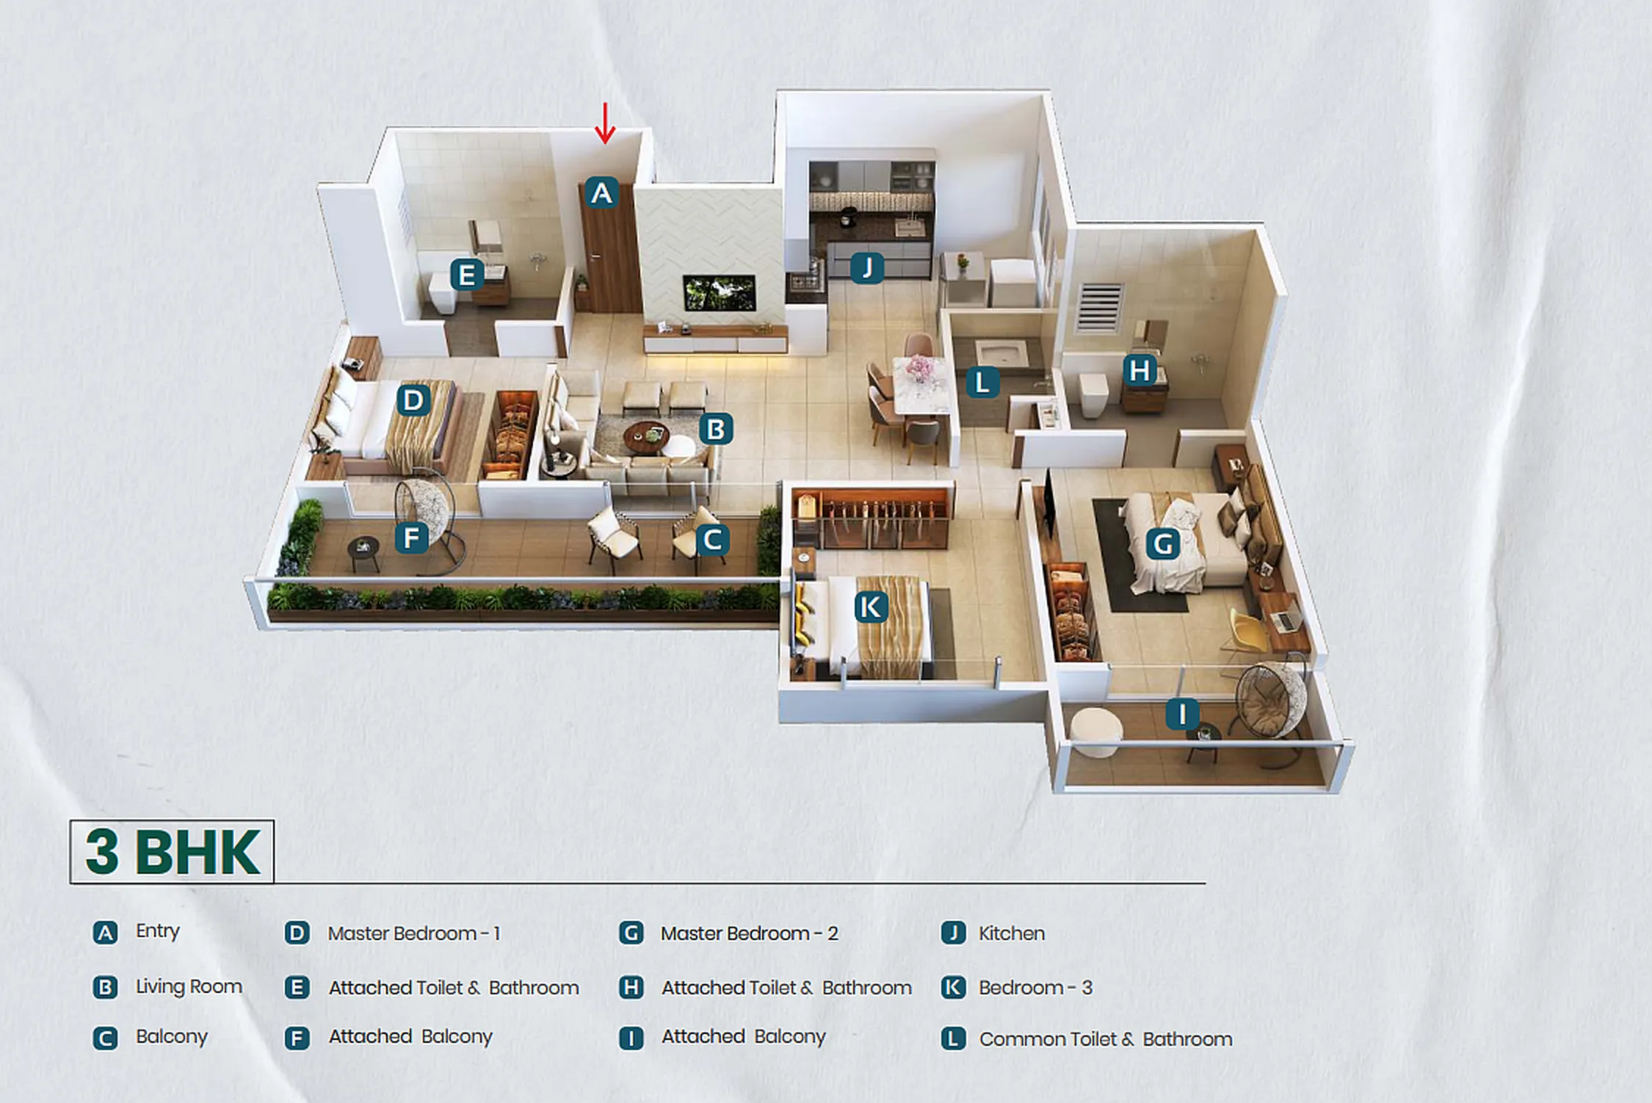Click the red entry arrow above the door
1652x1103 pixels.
coord(604,123)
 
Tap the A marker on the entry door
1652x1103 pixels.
coord(601,193)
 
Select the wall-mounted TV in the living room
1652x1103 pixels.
coord(719,292)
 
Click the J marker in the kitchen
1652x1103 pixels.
coord(867,267)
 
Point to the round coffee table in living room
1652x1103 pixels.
coord(646,436)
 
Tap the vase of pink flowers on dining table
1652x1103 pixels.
coord(919,367)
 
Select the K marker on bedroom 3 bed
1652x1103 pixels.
coord(871,607)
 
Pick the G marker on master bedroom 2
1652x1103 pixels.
coord(1163,544)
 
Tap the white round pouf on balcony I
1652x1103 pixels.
coord(1095,731)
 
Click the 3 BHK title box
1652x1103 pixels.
coord(172,852)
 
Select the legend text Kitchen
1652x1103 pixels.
coord(1011,933)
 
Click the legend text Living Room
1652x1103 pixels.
coord(189,986)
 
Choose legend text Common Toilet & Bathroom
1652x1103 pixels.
coord(1105,1039)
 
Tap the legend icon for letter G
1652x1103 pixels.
coord(631,933)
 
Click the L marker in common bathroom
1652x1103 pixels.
coord(982,383)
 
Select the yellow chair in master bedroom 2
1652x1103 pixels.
coord(1247,630)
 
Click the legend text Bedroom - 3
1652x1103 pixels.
coord(1035,988)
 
